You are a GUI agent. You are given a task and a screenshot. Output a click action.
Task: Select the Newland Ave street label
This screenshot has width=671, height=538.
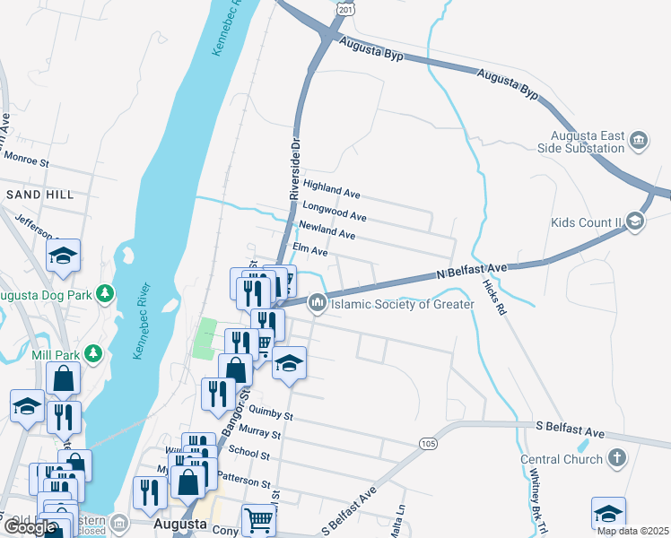[x=327, y=230]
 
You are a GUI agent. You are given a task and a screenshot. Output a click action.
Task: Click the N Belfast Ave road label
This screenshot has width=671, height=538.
[x=473, y=269]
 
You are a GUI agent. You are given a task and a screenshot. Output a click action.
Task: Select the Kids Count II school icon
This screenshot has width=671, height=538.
[x=634, y=221]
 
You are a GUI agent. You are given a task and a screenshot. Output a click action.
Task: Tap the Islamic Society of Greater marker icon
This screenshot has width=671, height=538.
[x=317, y=305]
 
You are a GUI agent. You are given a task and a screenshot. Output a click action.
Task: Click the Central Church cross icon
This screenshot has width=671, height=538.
[x=615, y=459]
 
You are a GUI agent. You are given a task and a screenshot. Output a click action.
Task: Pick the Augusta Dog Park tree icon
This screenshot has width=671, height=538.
[x=105, y=293]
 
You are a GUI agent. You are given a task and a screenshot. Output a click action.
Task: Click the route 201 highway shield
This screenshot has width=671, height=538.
[x=344, y=6]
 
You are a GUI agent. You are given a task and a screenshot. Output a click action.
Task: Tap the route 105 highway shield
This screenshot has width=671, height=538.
[x=428, y=444]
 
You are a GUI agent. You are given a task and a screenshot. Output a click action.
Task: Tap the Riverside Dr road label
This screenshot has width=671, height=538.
[x=292, y=169]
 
